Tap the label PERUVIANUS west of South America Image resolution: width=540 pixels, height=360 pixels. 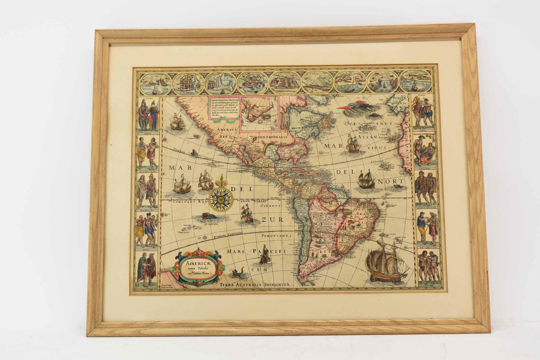pos(276,237)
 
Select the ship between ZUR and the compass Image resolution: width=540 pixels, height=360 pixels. pos(247,214)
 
